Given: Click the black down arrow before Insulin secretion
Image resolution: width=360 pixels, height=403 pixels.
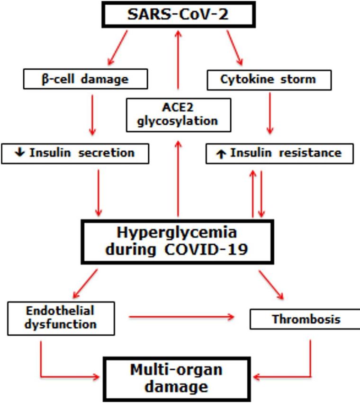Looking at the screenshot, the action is pyautogui.click(x=20, y=152).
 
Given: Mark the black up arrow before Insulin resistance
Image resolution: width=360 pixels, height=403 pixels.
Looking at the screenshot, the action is pyautogui.click(x=221, y=154).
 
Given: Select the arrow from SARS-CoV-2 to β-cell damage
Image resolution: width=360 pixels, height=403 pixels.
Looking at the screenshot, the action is pyautogui.click(x=117, y=48).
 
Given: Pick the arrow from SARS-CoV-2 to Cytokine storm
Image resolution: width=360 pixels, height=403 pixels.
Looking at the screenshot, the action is pyautogui.click(x=234, y=48).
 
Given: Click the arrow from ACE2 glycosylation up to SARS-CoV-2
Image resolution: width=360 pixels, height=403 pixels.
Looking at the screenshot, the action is pyautogui.click(x=178, y=60).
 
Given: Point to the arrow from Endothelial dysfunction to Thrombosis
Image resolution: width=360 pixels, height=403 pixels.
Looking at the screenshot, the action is pyautogui.click(x=181, y=317).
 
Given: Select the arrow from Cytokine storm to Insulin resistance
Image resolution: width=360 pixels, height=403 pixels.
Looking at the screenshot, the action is pyautogui.click(x=270, y=113).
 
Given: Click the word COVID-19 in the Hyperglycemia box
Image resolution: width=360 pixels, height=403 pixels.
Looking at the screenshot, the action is pyautogui.click(x=206, y=249).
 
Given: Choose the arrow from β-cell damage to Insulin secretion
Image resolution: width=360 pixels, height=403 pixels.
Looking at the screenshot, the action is pyautogui.click(x=92, y=115).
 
